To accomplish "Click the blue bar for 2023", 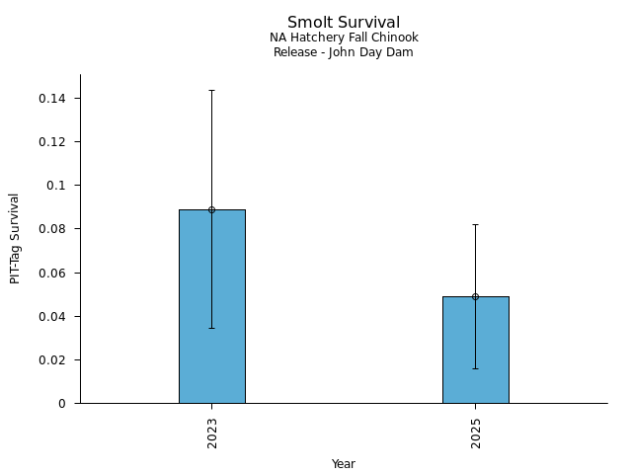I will click(211, 306).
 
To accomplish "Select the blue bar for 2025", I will click(475, 350).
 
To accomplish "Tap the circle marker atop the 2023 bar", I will click(211, 209).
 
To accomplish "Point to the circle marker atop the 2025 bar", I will click(475, 296).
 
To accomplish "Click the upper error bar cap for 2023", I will click(211, 90).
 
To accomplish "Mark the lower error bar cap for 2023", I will click(211, 328).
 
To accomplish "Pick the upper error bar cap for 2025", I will click(475, 224).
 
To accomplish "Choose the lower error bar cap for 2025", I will click(475, 368).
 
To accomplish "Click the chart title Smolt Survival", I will click(344, 22).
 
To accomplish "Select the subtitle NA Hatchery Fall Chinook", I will click(344, 38).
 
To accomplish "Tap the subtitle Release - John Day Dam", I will click(344, 52).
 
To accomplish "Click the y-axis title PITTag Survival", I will click(15, 239).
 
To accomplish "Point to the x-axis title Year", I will click(344, 464).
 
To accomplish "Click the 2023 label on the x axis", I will click(212, 432).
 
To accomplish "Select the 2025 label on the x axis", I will click(476, 432).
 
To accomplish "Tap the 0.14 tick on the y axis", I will click(51, 99).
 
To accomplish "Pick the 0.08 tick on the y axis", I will click(51, 229).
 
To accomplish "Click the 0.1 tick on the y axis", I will click(55, 186).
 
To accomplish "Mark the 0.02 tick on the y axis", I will click(51, 360).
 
